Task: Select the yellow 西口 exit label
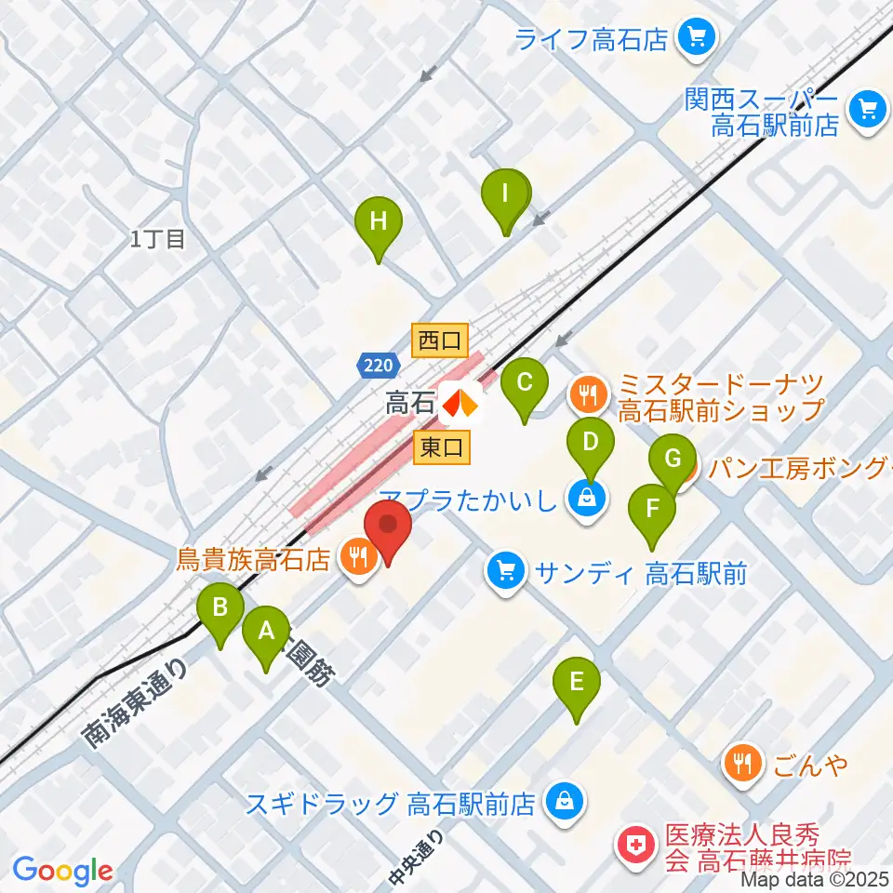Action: (x=440, y=340)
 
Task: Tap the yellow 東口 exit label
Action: (x=442, y=448)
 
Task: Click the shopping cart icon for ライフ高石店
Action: (x=693, y=39)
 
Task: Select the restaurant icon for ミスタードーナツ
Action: (x=588, y=395)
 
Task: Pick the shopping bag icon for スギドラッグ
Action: (x=562, y=800)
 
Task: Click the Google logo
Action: (x=62, y=871)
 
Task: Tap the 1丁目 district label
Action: (x=158, y=239)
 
